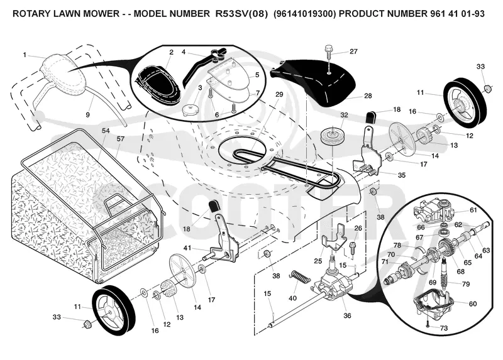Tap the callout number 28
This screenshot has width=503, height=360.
point(368,95)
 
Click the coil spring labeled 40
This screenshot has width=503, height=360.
point(300,276)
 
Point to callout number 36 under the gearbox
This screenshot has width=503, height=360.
point(347,315)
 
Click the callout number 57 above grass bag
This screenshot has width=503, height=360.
point(120,139)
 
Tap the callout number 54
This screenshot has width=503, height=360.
point(106,131)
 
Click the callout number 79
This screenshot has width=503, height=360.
point(466,284)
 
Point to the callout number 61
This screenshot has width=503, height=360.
point(473,210)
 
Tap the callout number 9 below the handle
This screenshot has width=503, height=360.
point(87,115)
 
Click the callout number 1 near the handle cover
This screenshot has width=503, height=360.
point(25,55)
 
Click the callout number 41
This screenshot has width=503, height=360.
point(187,248)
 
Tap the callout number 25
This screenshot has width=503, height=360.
point(318,261)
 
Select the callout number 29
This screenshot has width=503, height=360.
point(279,94)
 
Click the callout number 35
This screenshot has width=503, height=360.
point(402,175)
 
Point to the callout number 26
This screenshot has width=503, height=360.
point(358,228)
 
